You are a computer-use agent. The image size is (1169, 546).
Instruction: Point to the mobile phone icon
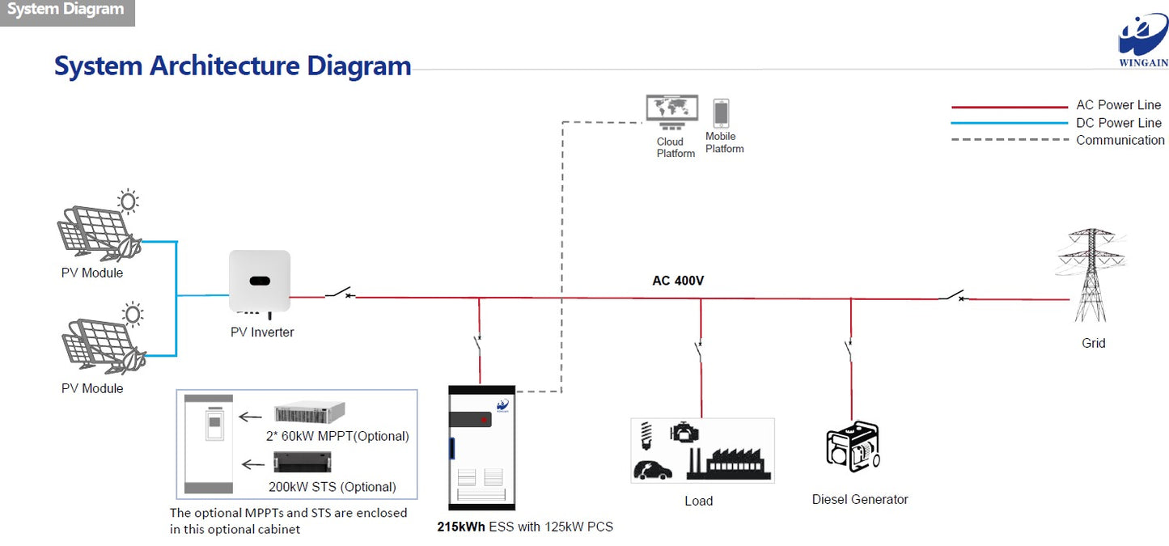point(721,112)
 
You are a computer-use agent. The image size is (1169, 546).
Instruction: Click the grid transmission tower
point(1091,275)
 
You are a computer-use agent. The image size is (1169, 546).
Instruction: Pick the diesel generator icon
point(853,447)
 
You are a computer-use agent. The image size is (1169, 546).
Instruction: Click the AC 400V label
point(678,281)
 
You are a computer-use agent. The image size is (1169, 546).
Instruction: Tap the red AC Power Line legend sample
point(1010,107)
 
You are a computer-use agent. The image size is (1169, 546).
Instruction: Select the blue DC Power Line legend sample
point(1010,123)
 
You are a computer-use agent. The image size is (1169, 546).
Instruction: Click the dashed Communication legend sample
point(1010,140)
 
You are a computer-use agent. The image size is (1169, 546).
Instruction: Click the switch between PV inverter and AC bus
point(340,293)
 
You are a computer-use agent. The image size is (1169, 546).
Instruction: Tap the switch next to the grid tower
point(954,295)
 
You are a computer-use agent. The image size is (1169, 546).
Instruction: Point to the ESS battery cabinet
point(481,447)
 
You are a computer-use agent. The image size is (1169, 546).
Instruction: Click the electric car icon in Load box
point(652,470)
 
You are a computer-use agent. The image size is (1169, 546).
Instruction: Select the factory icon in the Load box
point(729,463)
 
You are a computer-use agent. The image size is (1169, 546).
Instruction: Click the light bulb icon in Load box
point(646,435)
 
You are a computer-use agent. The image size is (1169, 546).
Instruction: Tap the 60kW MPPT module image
point(310,413)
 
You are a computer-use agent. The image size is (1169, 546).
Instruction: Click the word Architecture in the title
point(225,66)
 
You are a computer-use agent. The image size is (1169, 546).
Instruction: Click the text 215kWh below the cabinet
point(461,527)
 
